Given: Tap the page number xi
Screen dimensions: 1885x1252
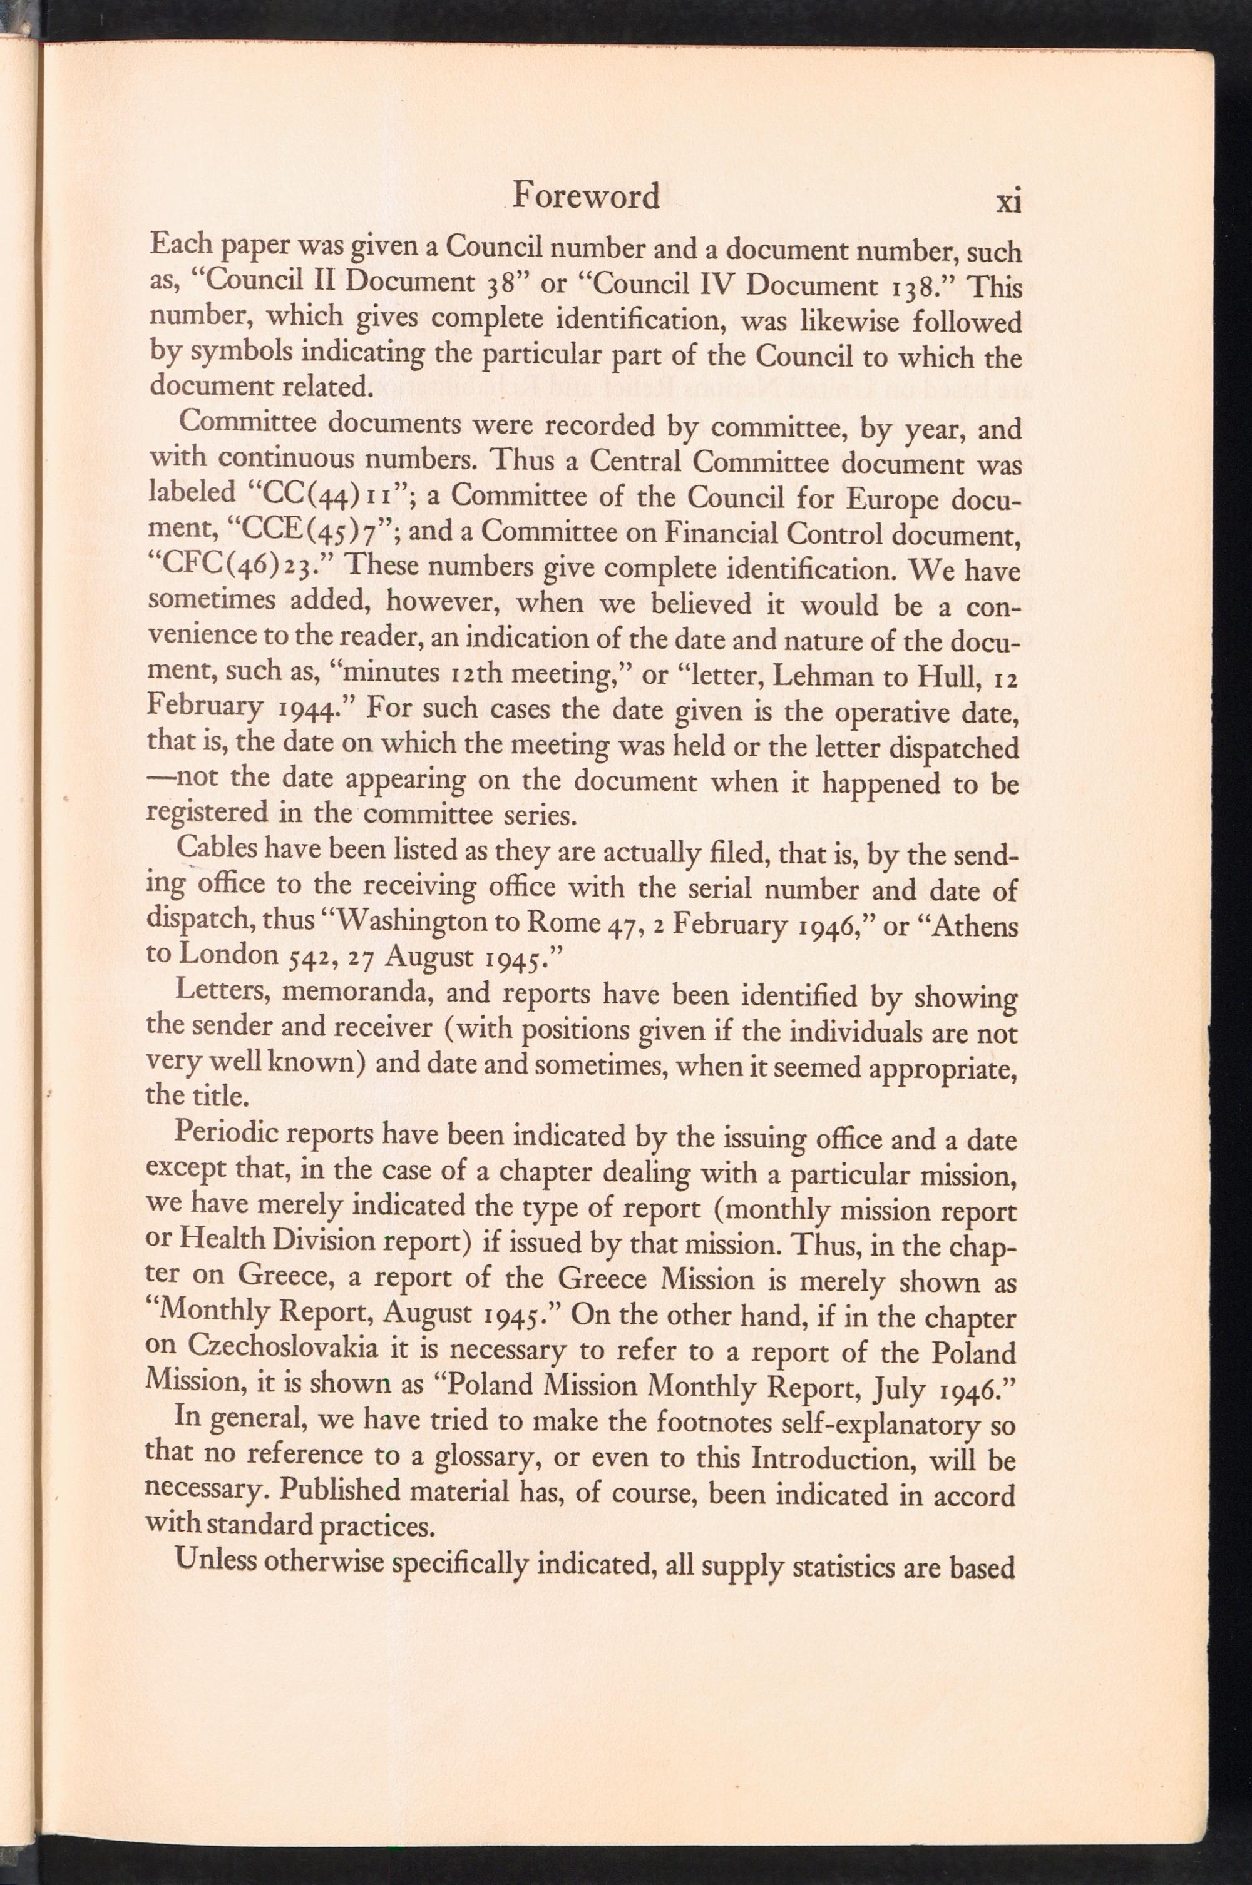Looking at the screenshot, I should click(x=1009, y=201).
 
